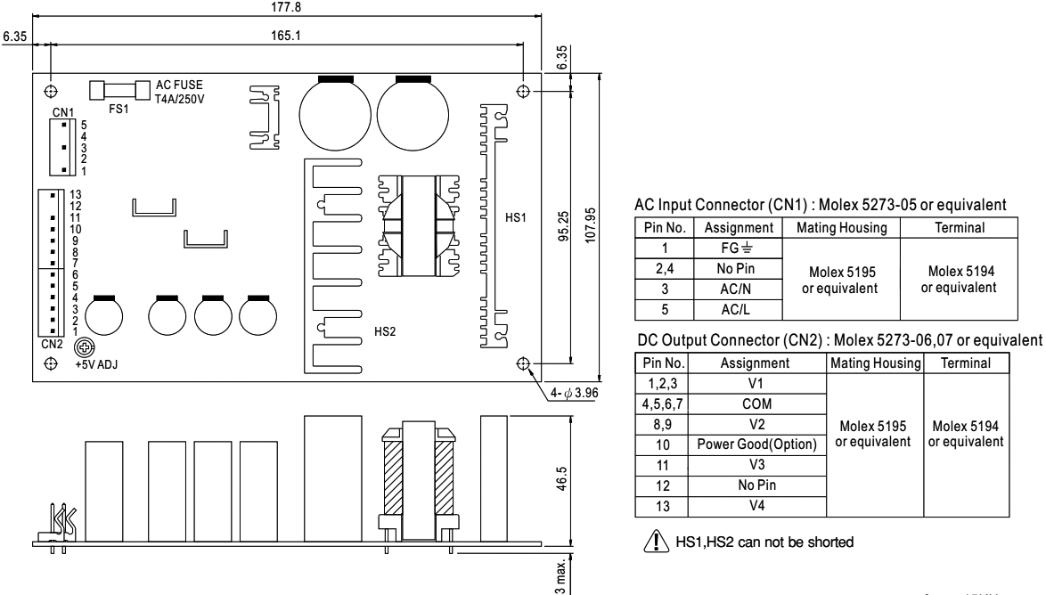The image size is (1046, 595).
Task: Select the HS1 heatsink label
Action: pos(516,216)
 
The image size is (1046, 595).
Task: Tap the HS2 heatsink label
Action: pos(385,330)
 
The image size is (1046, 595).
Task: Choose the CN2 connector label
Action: pos(51,341)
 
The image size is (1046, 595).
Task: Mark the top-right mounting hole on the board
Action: pos(523,92)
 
